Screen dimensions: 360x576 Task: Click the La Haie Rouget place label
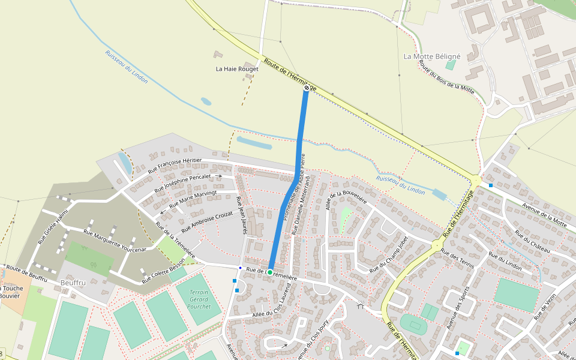point(237,69)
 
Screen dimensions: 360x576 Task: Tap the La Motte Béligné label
point(432,56)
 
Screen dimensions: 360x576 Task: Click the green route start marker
point(270,272)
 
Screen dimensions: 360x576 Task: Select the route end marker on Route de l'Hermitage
point(307,88)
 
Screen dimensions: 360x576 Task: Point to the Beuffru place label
point(73,282)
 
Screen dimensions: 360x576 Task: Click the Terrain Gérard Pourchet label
point(199,299)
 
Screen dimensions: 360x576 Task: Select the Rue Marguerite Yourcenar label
point(115,241)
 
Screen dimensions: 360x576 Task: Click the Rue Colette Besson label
point(163,271)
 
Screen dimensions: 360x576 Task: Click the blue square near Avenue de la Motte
point(491,185)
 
